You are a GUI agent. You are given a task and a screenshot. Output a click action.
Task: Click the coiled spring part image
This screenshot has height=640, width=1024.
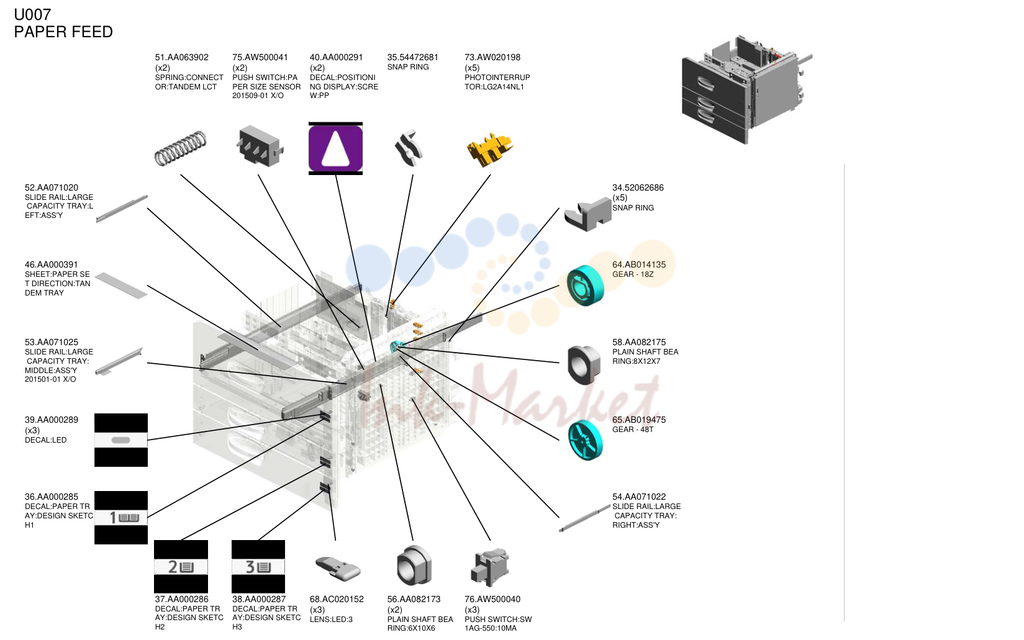181,148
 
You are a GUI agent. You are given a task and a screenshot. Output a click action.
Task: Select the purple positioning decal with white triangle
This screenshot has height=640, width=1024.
335,148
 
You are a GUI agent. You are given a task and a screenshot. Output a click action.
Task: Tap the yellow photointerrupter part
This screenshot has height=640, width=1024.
489,148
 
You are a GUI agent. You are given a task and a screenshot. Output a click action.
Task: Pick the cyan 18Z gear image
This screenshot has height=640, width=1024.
586,286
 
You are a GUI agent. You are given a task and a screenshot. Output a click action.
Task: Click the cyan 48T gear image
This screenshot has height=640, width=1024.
586,440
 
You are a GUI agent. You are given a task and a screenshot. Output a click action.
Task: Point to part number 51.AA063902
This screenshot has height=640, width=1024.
181,57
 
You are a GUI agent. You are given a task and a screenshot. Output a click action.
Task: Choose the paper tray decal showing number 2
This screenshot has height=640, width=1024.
181,567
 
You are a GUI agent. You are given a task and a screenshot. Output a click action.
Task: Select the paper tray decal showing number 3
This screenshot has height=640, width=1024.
258,567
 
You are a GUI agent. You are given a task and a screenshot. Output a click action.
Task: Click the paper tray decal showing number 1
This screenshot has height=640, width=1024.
121,518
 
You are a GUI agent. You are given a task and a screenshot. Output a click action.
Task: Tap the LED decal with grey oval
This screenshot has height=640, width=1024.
121,440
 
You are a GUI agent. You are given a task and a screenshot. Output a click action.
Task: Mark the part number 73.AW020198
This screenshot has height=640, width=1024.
492,57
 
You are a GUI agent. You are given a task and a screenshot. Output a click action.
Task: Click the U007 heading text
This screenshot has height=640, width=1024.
32,15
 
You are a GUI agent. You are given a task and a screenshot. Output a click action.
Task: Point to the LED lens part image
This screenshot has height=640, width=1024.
338,568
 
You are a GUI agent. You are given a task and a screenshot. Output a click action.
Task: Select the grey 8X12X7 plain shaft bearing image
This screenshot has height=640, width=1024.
584,364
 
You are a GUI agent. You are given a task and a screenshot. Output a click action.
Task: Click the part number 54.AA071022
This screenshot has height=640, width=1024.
639,497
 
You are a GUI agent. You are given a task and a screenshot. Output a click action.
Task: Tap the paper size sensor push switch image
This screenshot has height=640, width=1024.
260,146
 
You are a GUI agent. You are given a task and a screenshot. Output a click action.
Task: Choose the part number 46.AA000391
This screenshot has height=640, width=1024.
51,264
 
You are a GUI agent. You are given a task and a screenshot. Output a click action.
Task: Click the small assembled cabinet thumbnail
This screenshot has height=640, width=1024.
746,89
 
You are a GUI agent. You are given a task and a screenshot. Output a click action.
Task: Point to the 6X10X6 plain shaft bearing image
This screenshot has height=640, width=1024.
414,566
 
